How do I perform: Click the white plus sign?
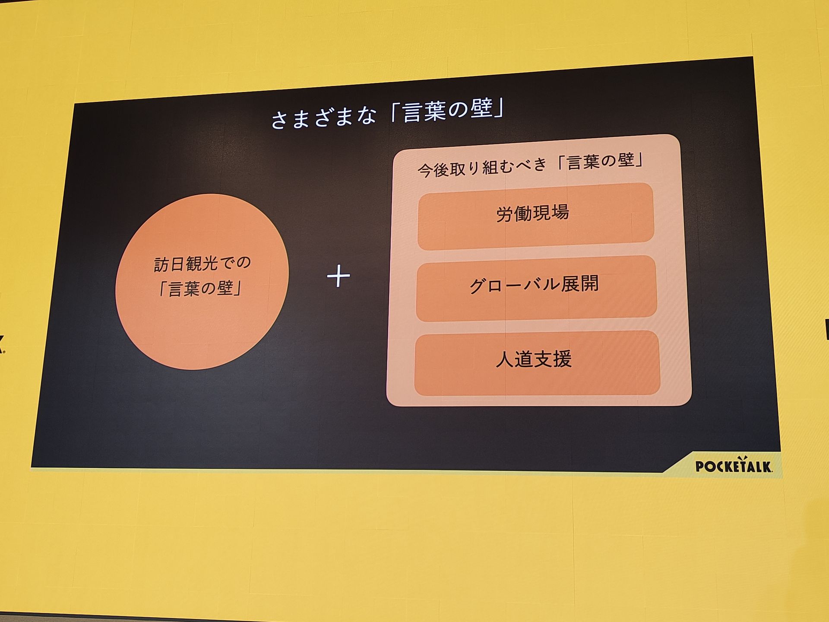(339, 276)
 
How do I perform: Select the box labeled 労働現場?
(535, 216)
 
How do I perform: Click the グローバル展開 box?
(536, 288)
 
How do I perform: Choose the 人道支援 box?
(537, 363)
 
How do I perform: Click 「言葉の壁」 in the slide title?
(447, 111)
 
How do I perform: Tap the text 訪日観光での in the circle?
(202, 263)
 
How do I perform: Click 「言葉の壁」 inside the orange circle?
(200, 289)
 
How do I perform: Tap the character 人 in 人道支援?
(504, 359)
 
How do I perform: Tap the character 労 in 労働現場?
(505, 214)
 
